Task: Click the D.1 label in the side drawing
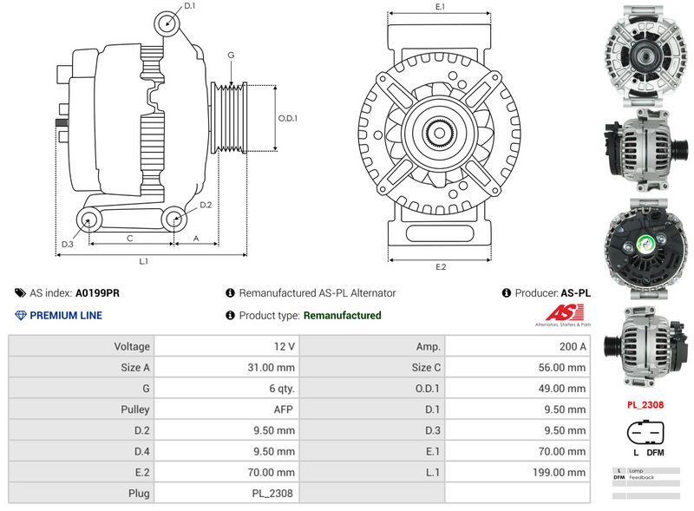click(x=190, y=6)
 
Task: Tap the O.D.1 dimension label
click(x=287, y=118)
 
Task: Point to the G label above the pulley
click(x=231, y=56)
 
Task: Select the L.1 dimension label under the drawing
click(x=144, y=261)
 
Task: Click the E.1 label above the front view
click(x=440, y=7)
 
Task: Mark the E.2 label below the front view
click(x=440, y=266)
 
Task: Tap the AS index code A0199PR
click(x=97, y=293)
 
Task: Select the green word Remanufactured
click(x=342, y=316)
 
